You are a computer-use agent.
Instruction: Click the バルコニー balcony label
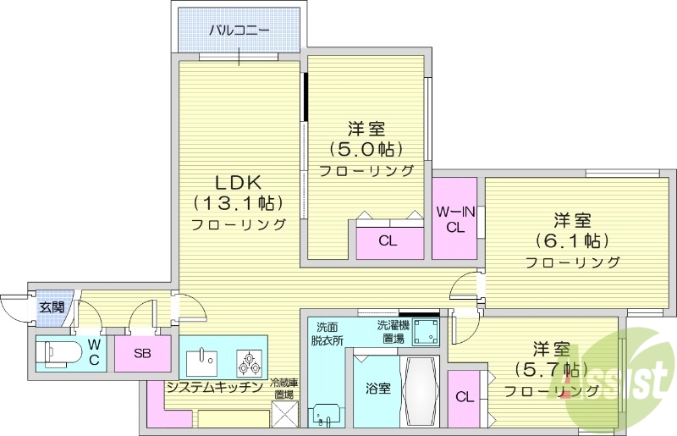(239, 30)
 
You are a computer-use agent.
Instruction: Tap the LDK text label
(238, 182)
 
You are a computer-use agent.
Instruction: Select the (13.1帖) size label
(238, 203)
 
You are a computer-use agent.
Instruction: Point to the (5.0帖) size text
(366, 149)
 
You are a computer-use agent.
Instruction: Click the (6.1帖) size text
(572, 240)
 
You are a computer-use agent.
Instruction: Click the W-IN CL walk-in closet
(455, 218)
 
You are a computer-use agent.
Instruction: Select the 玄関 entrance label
(51, 307)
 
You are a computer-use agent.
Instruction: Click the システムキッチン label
(213, 388)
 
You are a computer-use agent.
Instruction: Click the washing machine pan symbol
(426, 334)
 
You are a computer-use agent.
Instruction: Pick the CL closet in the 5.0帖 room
(388, 240)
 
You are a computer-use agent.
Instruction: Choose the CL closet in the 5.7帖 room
(464, 396)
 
